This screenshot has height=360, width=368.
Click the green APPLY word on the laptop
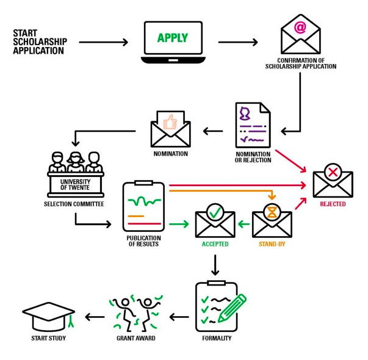173,38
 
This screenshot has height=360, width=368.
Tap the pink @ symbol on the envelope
300,27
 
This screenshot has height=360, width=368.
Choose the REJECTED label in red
333,204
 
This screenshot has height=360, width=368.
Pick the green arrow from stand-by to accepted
244,224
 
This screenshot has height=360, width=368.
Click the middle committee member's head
76,157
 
